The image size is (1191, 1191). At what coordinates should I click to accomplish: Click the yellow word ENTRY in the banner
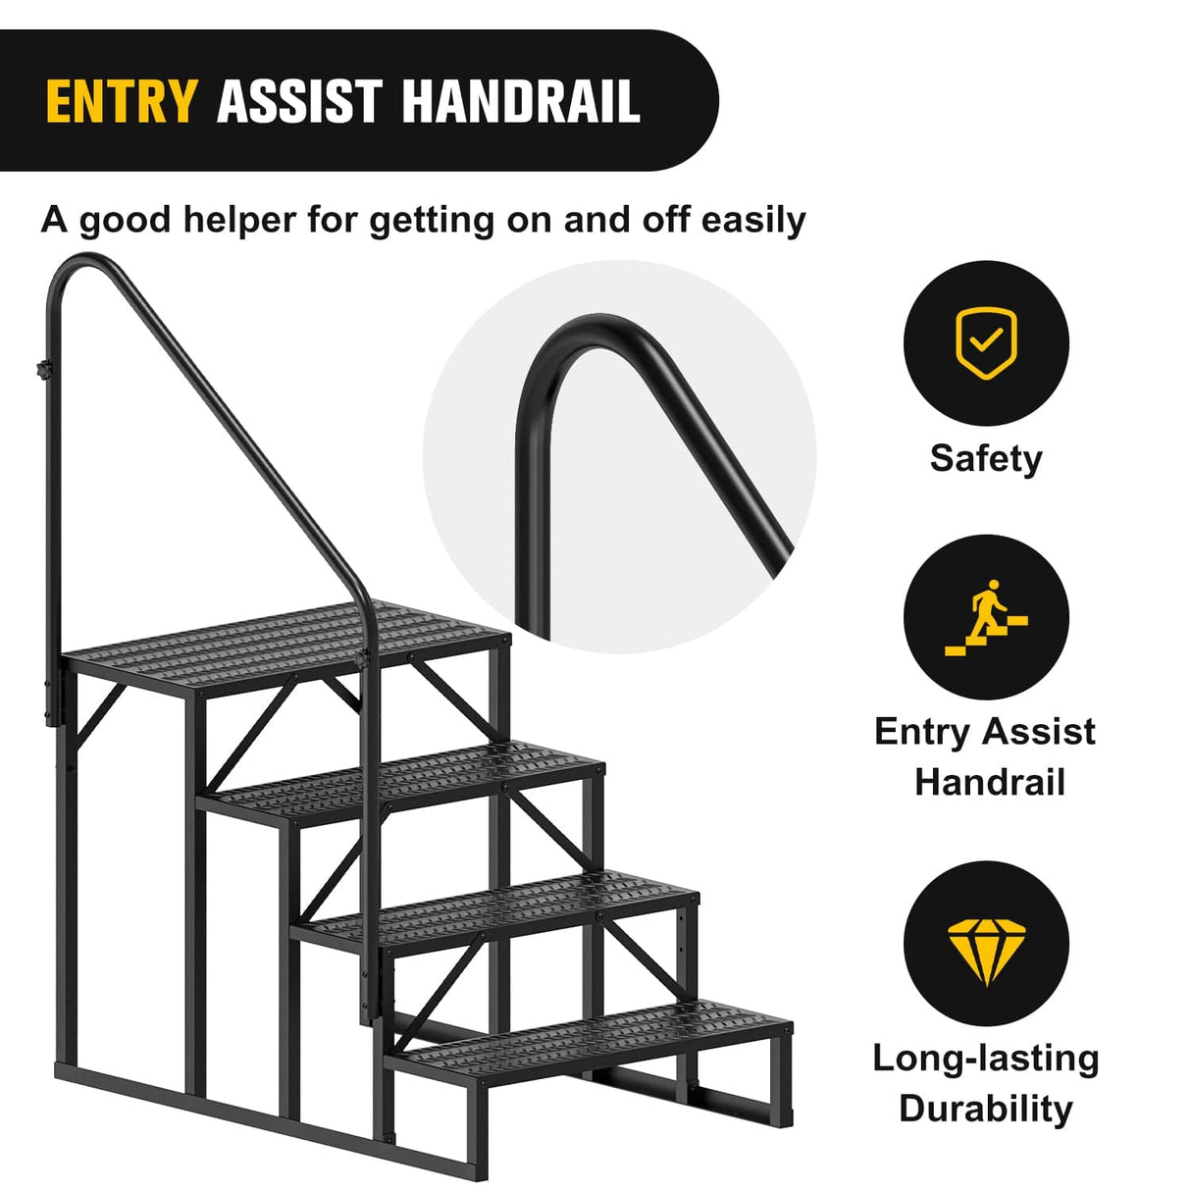121,102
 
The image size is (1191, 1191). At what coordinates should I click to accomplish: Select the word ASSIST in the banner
299,102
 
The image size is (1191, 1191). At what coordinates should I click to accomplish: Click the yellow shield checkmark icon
986,342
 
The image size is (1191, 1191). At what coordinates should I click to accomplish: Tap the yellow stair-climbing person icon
986,617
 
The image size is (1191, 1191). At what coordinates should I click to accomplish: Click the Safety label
986,458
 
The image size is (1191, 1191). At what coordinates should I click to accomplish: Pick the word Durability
986,1109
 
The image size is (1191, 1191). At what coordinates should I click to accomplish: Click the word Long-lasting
986,1058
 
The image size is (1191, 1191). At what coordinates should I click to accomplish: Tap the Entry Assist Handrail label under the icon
986,756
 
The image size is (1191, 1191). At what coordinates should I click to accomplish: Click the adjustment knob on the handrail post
44,371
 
